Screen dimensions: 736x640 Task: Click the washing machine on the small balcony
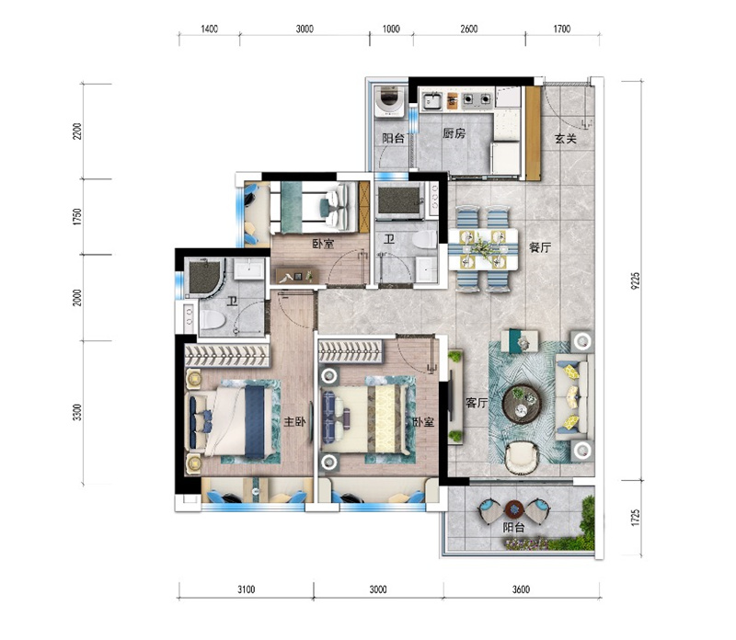tap(390, 100)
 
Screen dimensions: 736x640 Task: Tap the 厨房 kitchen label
tap(454, 133)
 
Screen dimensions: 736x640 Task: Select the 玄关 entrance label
tap(566, 139)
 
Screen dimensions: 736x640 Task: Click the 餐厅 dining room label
tap(540, 247)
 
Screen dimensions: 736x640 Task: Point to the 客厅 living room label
tap(477, 403)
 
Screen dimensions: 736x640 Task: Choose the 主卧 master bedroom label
tap(294, 422)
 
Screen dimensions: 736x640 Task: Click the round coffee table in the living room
tap(522, 404)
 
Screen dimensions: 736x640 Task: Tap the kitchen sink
tap(431, 101)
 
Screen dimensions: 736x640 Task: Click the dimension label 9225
tap(636, 280)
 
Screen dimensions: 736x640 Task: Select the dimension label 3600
tap(521, 589)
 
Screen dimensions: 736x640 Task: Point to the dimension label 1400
tap(210, 29)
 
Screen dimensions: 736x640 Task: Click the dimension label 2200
tap(77, 131)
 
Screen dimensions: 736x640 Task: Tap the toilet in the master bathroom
tap(213, 319)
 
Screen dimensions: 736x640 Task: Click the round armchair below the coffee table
tap(522, 458)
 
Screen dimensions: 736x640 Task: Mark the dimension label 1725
tap(636, 518)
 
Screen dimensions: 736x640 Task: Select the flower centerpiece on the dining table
tap(482, 247)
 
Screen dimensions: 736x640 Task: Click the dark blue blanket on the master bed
tap(255, 421)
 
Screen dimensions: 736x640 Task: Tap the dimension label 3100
tap(246, 589)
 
